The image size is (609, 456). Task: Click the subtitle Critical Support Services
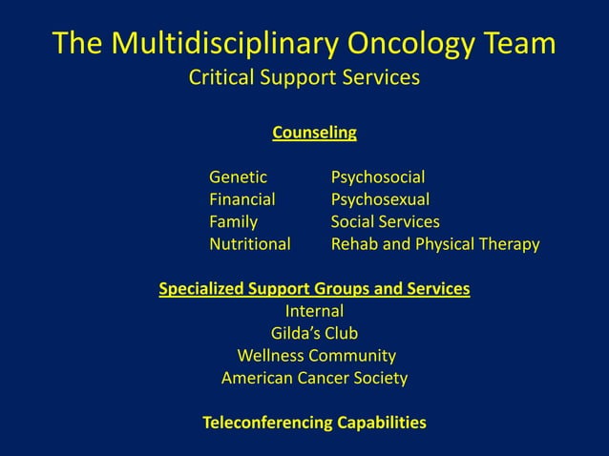304,77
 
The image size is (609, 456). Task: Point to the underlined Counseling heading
314,133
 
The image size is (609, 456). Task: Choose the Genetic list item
238,176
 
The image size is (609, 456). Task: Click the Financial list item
241,199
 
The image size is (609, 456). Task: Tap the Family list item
233,222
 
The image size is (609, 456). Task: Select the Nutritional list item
249,244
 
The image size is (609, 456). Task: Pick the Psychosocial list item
378,176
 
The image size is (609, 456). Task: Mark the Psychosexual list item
380,199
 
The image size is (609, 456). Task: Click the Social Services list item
385,222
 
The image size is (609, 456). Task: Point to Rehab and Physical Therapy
434,244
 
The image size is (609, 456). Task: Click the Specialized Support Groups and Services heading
314,288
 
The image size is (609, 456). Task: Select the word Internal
314,311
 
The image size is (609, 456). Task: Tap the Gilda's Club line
314,334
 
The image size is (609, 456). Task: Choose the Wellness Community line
316,356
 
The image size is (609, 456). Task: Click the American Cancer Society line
314,379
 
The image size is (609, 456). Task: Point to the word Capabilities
381,423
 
